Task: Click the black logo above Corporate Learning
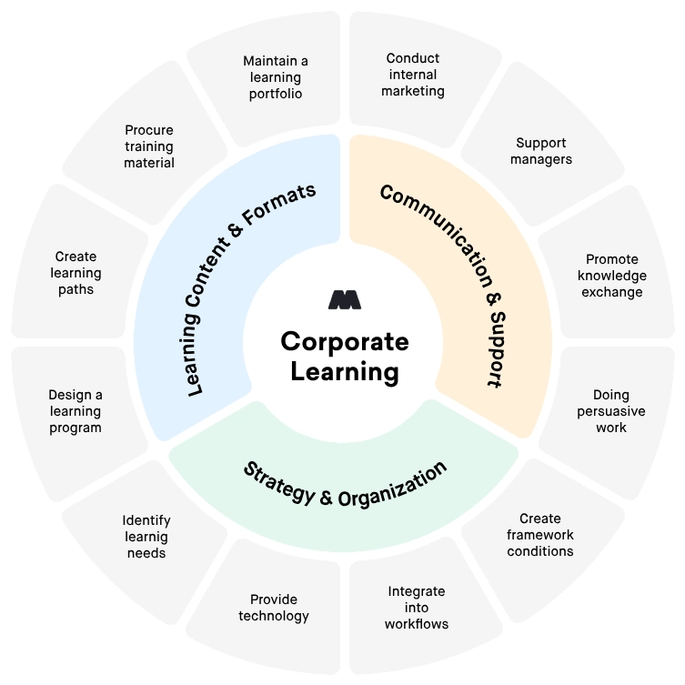coord(345,299)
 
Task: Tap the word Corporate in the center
coord(345,341)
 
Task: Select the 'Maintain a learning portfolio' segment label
coord(276,77)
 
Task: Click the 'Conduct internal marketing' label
coord(412,75)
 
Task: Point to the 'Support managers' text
coord(541,151)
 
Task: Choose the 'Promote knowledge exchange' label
coord(613,276)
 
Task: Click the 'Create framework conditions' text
coord(540,535)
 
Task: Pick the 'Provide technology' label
coord(274,608)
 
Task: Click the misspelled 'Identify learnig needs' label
coord(146,536)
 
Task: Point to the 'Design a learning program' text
coord(76,411)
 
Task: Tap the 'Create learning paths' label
coord(76,273)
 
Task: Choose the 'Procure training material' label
coord(149,146)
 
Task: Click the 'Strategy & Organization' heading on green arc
coord(345,483)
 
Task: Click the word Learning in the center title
coord(345,371)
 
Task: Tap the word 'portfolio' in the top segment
coord(276,94)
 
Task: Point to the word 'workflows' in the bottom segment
coord(416,623)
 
